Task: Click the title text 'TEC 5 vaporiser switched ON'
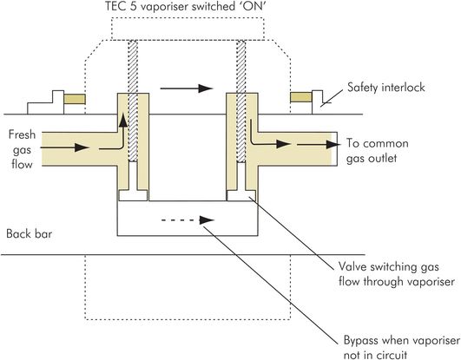(186, 6)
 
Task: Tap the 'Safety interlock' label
(386, 88)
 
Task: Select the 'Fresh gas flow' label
(22, 149)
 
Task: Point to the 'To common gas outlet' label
(377, 151)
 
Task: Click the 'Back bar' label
(30, 234)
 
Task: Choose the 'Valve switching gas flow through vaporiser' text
(397, 274)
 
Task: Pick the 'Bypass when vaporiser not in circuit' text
(401, 348)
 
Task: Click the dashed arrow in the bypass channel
(188, 220)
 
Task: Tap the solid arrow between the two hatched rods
(187, 88)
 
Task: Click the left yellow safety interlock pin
(75, 99)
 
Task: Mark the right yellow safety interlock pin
(301, 97)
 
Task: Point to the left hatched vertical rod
(133, 101)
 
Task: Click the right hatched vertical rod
(241, 101)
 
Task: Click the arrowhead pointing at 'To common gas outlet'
(334, 144)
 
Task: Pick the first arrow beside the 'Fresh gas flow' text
(65, 147)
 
